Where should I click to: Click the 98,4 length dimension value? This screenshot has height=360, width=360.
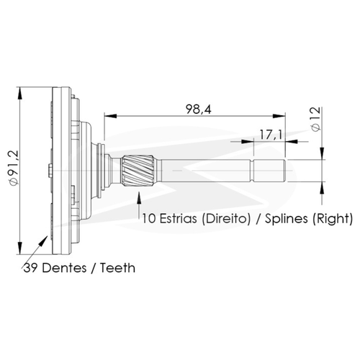pos(199,109)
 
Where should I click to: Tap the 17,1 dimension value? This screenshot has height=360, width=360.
pos(271,135)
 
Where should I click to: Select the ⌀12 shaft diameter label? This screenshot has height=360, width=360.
pos(316,119)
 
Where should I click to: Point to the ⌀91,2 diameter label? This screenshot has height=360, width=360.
pos(14,168)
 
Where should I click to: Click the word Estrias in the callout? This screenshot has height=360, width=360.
pos(178,219)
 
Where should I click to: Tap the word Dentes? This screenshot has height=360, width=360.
pos(64,268)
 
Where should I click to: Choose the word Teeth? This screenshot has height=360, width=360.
pos(117,268)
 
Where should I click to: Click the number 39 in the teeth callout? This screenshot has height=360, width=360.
pos(31,268)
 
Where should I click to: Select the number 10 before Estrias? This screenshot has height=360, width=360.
pos(149,219)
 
